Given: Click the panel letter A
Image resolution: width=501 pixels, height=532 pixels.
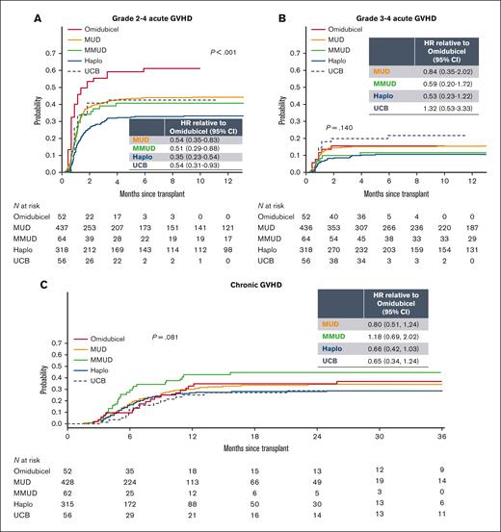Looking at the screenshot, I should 11,10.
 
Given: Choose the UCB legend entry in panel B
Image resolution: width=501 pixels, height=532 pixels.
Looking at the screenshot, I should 333,71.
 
